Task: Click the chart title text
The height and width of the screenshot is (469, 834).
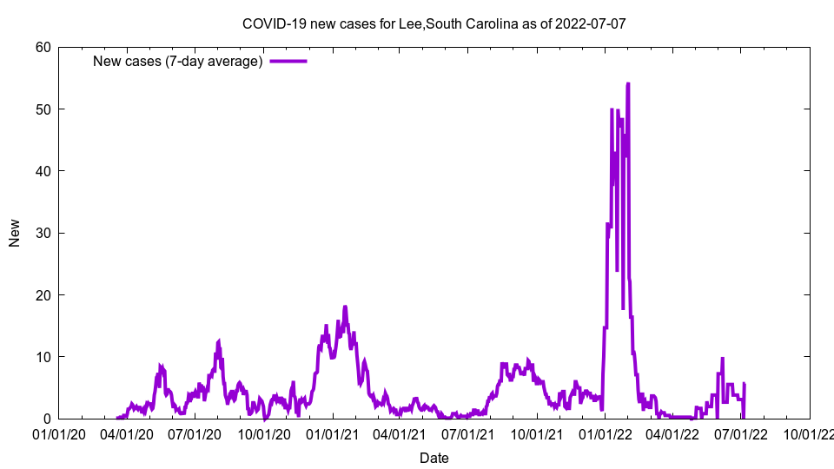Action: click(x=434, y=23)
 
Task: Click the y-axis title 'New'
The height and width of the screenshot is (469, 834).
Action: click(x=15, y=233)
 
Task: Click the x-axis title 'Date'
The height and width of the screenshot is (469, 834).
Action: click(x=434, y=458)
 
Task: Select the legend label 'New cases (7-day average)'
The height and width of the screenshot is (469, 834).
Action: click(x=178, y=61)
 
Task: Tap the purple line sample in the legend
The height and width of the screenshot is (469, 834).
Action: click(x=288, y=61)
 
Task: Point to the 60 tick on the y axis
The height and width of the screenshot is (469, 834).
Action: click(x=43, y=47)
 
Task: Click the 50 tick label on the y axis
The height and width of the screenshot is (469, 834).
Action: click(x=43, y=109)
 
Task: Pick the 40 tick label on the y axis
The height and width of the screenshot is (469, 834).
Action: click(x=43, y=171)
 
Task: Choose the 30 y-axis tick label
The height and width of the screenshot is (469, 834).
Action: click(x=43, y=233)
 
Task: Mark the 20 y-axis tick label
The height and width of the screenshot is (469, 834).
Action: click(x=43, y=295)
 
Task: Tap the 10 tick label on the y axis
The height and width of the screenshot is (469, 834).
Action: click(x=43, y=357)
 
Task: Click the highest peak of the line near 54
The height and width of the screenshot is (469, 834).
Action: click(x=627, y=84)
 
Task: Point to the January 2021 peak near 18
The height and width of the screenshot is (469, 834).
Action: click(x=345, y=307)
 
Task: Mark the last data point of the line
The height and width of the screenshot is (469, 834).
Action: click(x=745, y=384)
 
